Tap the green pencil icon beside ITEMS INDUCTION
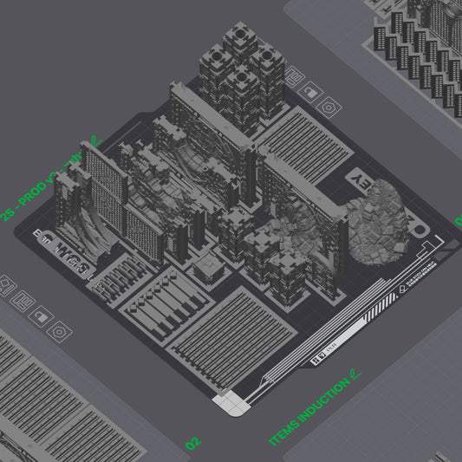[x=353, y=376]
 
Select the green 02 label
[x=192, y=442]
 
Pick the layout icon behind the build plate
[x=292, y=76]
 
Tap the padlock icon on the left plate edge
[x=37, y=316]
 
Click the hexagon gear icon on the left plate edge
[x=59, y=331]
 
